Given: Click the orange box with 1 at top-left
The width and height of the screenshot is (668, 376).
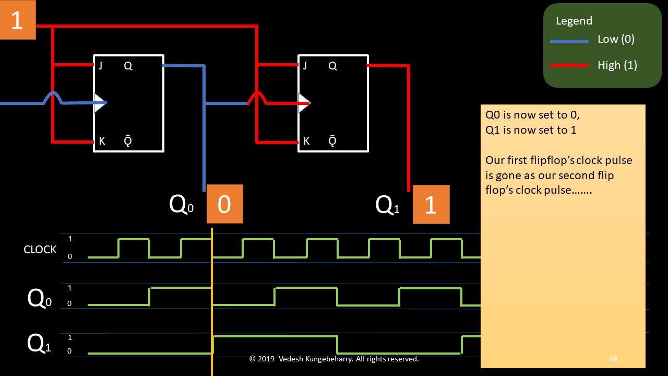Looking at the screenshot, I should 17,20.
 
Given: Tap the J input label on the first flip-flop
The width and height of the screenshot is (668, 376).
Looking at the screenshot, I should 100,66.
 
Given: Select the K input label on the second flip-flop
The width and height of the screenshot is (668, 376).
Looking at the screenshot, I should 306,141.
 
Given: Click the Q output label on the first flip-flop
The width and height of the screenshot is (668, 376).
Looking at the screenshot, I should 128,66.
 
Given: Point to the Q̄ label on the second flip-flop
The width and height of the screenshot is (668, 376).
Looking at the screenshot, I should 332,141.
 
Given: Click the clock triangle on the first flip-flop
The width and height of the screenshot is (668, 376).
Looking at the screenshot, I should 99,103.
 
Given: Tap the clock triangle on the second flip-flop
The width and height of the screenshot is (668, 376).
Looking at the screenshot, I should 304,103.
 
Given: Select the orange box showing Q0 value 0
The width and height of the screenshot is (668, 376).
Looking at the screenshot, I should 224,204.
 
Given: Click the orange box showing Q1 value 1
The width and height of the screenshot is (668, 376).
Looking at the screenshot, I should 431,204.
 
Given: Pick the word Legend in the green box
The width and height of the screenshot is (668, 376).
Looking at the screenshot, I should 574,21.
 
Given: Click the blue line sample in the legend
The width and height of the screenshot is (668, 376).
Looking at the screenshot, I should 569,41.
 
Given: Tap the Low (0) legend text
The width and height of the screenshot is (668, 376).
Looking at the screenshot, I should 616,40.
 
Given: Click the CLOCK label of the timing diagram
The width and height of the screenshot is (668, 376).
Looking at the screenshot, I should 40,250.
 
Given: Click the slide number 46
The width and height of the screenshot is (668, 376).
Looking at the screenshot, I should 613,359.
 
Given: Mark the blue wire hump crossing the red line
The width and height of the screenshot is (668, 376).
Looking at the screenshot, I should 53,96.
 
